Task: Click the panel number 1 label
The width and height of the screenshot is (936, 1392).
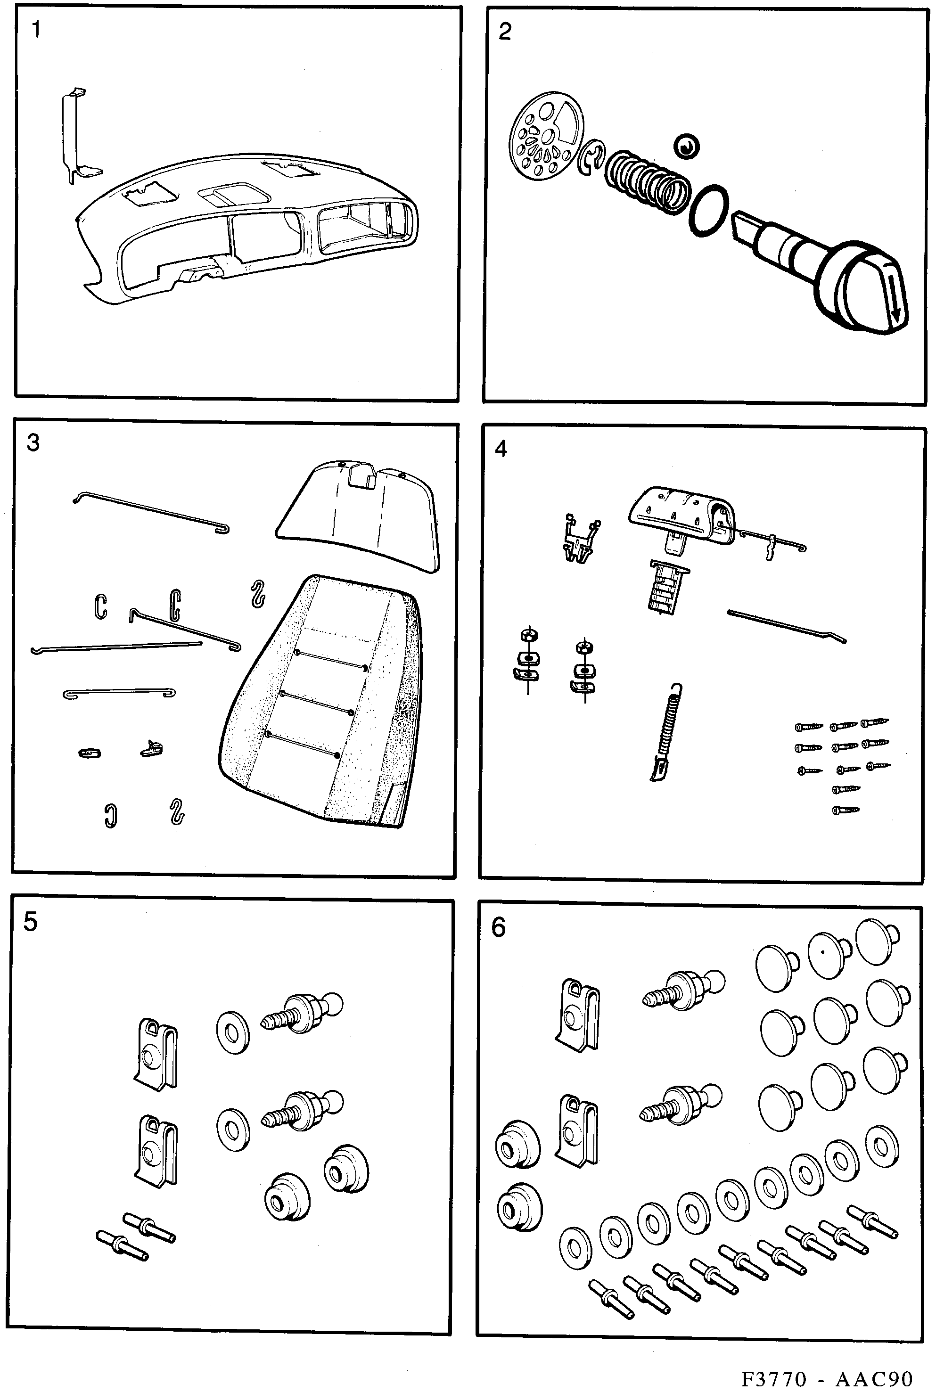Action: [36, 29]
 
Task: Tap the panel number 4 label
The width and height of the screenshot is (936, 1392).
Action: [501, 449]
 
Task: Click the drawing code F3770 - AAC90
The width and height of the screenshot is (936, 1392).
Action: [827, 1375]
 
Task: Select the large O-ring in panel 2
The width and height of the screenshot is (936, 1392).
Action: [708, 210]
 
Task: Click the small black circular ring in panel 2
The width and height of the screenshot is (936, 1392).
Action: [687, 146]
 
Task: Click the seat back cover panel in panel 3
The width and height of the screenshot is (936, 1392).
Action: [358, 514]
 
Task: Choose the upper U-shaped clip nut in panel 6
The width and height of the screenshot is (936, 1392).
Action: [578, 1013]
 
